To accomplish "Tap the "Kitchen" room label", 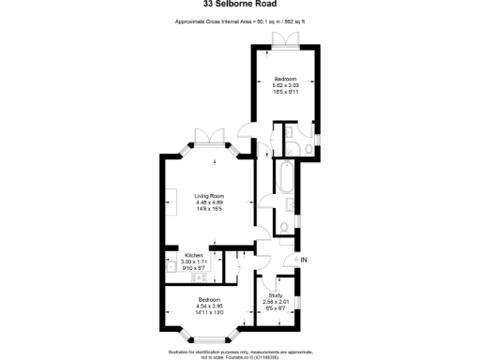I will click(x=194, y=255).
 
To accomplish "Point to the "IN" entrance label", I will click(x=303, y=259).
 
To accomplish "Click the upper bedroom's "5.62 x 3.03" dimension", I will click(x=285, y=85).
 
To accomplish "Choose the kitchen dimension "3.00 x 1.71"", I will click(x=194, y=261).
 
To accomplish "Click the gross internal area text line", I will click(x=239, y=21).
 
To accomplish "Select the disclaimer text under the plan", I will click(x=239, y=353).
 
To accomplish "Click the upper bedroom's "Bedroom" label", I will click(x=285, y=79).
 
